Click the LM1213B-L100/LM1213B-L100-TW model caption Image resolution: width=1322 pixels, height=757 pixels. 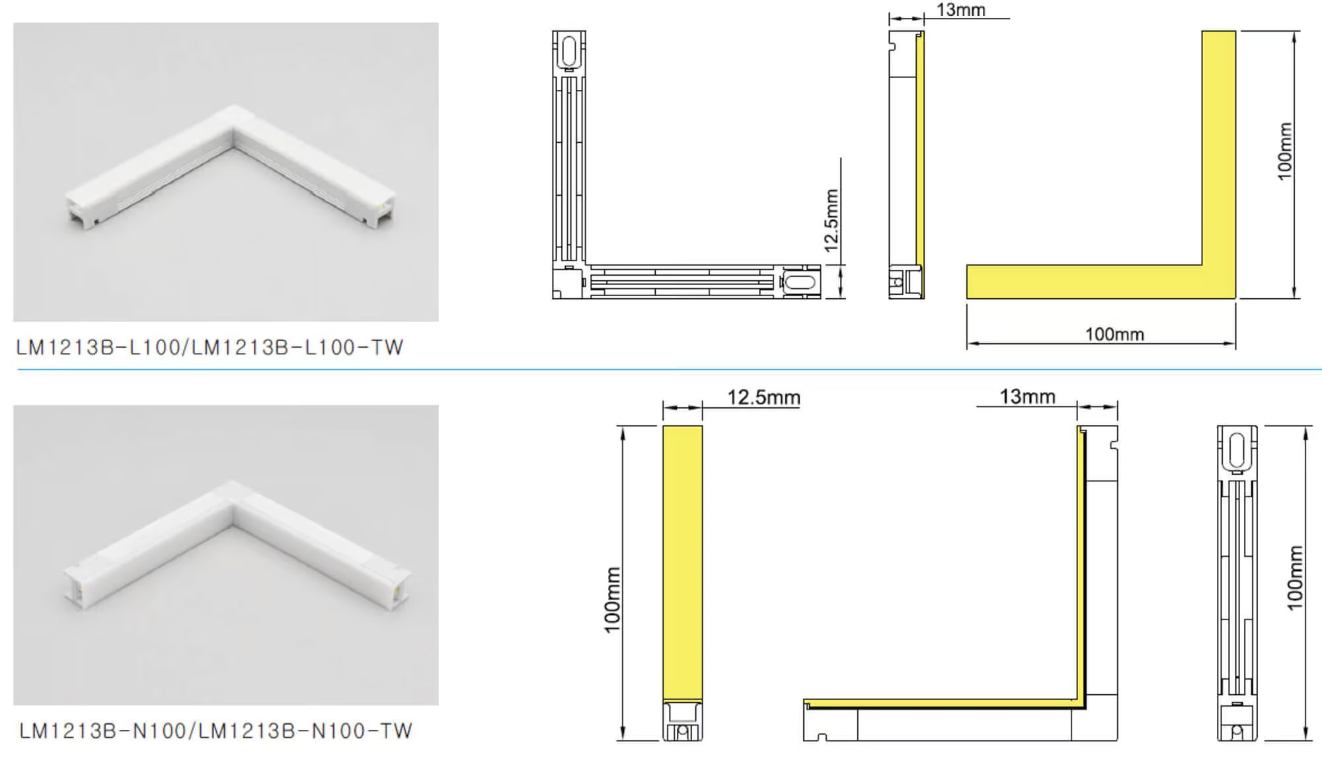(x=210, y=347)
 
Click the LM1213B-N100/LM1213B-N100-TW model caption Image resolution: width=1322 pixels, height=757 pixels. (x=215, y=731)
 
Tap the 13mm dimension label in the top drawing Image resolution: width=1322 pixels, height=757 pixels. (x=960, y=9)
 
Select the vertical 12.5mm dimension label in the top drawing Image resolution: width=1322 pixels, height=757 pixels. (x=832, y=220)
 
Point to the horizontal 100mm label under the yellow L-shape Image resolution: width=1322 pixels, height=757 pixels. (x=1114, y=334)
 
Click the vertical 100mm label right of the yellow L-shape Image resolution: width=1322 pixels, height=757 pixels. (x=1284, y=151)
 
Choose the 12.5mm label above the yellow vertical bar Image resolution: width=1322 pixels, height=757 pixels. (x=763, y=397)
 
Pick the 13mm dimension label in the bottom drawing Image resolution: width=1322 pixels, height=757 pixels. (x=1027, y=396)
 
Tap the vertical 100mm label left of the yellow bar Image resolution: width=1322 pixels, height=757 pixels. (x=612, y=600)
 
